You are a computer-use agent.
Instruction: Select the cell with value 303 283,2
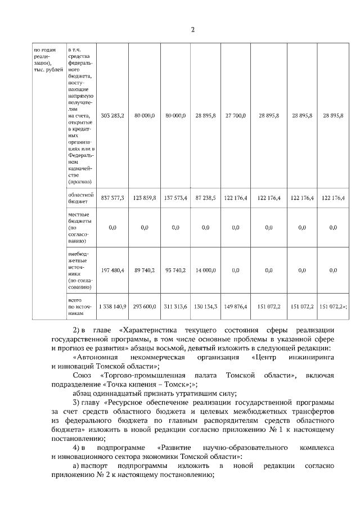coord(112,115)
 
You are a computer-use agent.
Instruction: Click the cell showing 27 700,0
coord(235,115)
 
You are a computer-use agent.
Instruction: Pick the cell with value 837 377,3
coord(112,197)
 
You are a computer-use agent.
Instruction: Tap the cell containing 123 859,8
coord(145,197)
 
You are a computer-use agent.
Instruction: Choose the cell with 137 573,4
coord(175,197)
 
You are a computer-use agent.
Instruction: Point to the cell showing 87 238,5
coord(205,197)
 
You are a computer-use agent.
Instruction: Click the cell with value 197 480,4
coord(112,270)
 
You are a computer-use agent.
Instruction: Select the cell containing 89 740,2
coord(145,270)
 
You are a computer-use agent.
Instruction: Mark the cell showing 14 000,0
coord(205,270)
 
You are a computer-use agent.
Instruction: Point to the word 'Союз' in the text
coord(82,375)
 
